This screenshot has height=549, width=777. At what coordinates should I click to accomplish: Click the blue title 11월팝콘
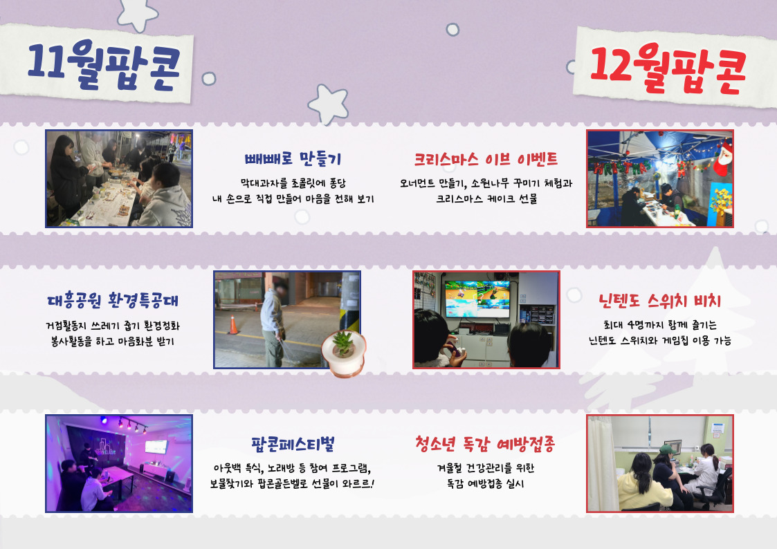(x=104, y=66)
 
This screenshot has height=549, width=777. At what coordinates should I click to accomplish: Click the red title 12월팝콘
(x=668, y=68)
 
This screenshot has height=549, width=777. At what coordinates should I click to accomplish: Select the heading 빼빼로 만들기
(x=293, y=159)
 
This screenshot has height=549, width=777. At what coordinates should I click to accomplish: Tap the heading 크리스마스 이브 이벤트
(x=486, y=159)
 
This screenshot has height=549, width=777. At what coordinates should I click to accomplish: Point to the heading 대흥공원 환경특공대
(x=113, y=301)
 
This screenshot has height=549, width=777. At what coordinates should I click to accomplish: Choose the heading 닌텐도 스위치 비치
(x=659, y=301)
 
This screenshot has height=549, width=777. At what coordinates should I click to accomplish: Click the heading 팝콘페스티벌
(x=293, y=444)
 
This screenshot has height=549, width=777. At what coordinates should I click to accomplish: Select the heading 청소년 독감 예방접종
(x=485, y=444)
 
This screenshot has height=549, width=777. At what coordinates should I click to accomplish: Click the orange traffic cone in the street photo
(x=233, y=325)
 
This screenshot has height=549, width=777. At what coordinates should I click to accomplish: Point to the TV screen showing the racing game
(x=477, y=299)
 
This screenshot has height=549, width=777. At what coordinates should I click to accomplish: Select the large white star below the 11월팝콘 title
(x=328, y=104)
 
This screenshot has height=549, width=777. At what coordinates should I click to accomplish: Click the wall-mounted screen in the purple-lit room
(x=156, y=447)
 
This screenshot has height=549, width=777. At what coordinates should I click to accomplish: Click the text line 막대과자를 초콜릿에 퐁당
(x=293, y=183)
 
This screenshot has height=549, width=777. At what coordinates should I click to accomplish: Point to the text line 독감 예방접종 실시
(x=485, y=483)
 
